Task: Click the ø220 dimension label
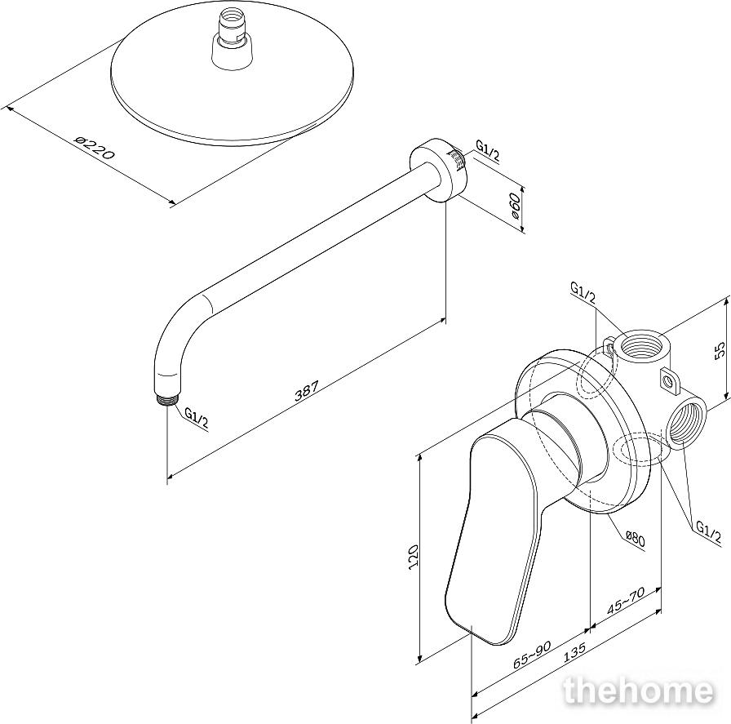(x=94, y=148)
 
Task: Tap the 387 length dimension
(x=308, y=391)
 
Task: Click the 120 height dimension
(x=413, y=555)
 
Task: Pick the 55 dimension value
(x=720, y=350)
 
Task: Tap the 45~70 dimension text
(x=626, y=601)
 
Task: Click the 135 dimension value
(x=574, y=653)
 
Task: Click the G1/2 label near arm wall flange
(x=487, y=151)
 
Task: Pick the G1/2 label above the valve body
(x=583, y=293)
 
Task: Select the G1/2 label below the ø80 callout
(x=708, y=532)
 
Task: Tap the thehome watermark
(x=639, y=691)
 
